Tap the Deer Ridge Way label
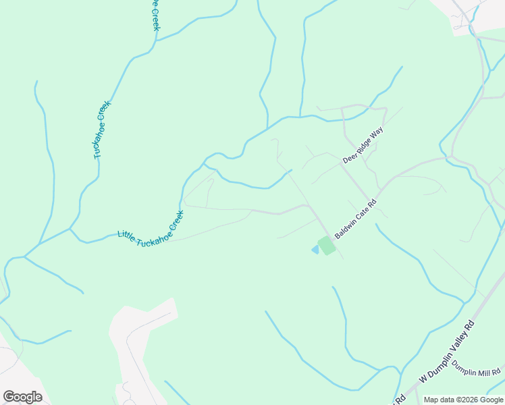[363, 145]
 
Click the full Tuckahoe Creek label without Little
[101, 130]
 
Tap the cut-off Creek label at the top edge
[155, 15]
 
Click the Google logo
[22, 397]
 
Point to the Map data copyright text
[463, 400]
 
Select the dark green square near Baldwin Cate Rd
[327, 245]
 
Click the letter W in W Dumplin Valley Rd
[423, 379]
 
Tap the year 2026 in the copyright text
[469, 400]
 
